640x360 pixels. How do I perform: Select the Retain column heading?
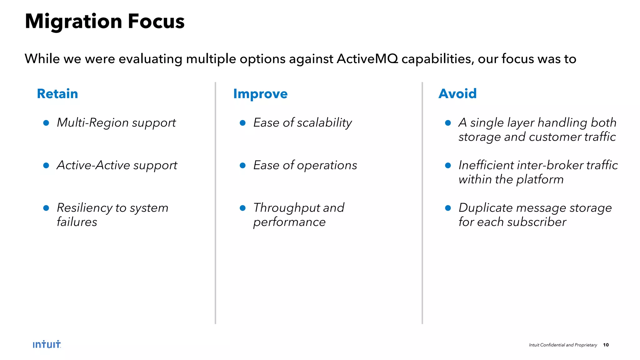[57, 94]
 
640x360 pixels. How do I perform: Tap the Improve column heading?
[260, 94]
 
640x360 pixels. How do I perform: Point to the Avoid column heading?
[457, 94]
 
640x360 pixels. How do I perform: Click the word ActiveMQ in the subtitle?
[367, 59]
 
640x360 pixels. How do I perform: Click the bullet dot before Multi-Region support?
[46, 123]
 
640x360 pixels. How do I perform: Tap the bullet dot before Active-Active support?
[46, 165]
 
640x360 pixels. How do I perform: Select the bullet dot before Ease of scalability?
[242, 123]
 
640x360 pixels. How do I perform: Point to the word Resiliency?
[84, 208]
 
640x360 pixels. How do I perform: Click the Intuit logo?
[47, 344]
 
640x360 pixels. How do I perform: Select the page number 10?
[606, 345]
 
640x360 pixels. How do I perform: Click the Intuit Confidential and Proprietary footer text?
[563, 345]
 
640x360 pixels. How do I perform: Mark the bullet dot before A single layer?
[448, 123]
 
